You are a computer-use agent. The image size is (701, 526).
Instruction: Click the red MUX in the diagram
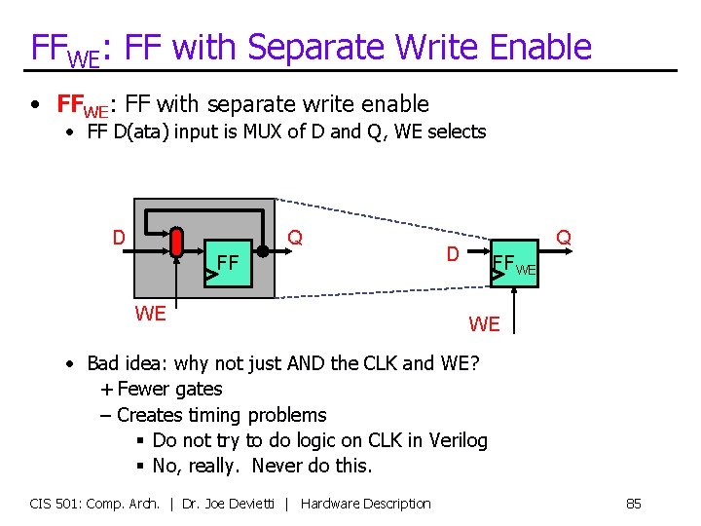click(176, 244)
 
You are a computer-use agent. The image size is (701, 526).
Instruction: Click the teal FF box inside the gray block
click(229, 262)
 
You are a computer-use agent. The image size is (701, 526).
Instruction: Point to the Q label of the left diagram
click(295, 237)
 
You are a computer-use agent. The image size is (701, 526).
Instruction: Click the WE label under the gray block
click(150, 314)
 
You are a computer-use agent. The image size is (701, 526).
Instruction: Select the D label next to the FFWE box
click(453, 254)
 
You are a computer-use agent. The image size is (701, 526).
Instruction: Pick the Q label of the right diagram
click(563, 237)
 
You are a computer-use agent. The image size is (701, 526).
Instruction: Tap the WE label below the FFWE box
click(484, 323)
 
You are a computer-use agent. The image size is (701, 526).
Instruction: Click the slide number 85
click(633, 504)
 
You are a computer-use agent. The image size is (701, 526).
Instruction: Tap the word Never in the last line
click(277, 466)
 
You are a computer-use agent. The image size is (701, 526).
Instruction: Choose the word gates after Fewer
click(197, 390)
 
